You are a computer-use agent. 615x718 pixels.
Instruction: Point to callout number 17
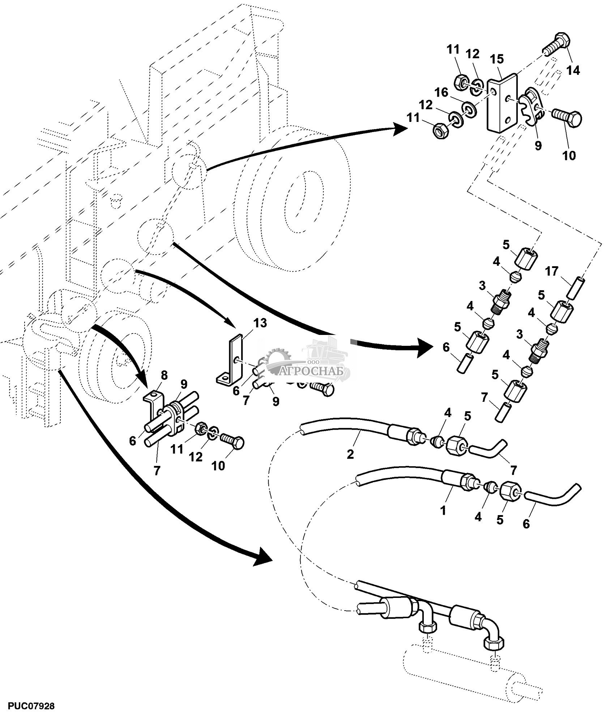pyautogui.click(x=552, y=271)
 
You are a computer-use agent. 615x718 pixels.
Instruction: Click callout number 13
pyautogui.click(x=260, y=323)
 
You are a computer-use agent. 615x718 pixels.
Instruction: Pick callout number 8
pyautogui.click(x=165, y=375)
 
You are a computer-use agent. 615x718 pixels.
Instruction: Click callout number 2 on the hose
pyautogui.click(x=350, y=454)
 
